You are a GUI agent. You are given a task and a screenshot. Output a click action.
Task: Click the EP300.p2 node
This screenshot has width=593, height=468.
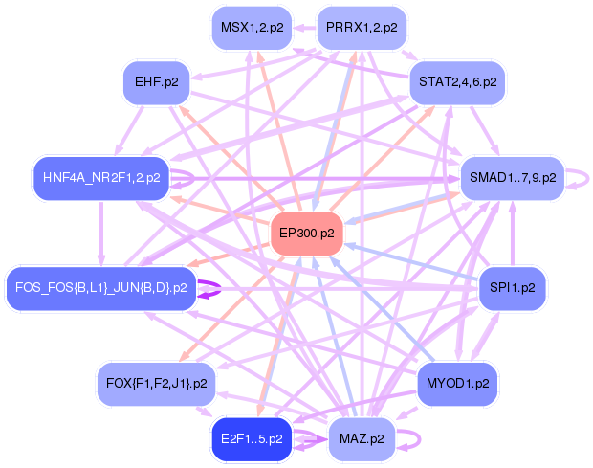[x=307, y=234]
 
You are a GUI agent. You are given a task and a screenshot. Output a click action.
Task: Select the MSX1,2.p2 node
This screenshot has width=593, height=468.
[x=252, y=28]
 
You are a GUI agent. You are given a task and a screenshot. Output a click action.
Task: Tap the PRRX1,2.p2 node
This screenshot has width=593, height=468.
[x=362, y=28]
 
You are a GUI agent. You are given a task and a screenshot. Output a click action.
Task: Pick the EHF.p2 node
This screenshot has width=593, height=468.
[x=156, y=82]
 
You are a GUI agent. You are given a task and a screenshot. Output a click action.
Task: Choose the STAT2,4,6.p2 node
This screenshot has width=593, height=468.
[x=457, y=82]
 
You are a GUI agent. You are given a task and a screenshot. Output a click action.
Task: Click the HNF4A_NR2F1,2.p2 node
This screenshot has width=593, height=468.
[x=101, y=178]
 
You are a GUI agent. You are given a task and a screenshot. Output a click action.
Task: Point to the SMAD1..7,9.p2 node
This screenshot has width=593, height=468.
[x=513, y=178]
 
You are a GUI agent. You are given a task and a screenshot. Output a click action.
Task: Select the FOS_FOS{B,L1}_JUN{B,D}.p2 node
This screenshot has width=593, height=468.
[x=101, y=288]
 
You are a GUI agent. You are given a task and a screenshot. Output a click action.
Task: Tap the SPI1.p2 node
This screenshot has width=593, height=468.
[x=513, y=288]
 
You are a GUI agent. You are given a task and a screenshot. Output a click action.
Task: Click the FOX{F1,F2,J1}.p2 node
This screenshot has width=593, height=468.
[x=156, y=384]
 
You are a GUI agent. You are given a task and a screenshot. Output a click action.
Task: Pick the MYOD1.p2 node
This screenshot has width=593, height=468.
[x=457, y=384]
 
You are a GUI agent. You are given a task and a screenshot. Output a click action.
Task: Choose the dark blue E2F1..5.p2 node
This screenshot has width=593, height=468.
[x=252, y=439]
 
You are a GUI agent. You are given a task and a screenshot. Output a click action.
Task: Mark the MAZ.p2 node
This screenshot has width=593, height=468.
[x=362, y=439]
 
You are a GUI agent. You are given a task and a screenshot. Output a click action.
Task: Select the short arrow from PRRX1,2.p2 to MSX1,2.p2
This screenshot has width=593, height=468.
[x=304, y=28]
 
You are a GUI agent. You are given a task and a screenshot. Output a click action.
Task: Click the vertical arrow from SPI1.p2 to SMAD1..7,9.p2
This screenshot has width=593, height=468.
[x=513, y=234]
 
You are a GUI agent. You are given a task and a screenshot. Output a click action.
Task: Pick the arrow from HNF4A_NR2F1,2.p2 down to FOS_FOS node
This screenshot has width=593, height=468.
[x=101, y=234]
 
